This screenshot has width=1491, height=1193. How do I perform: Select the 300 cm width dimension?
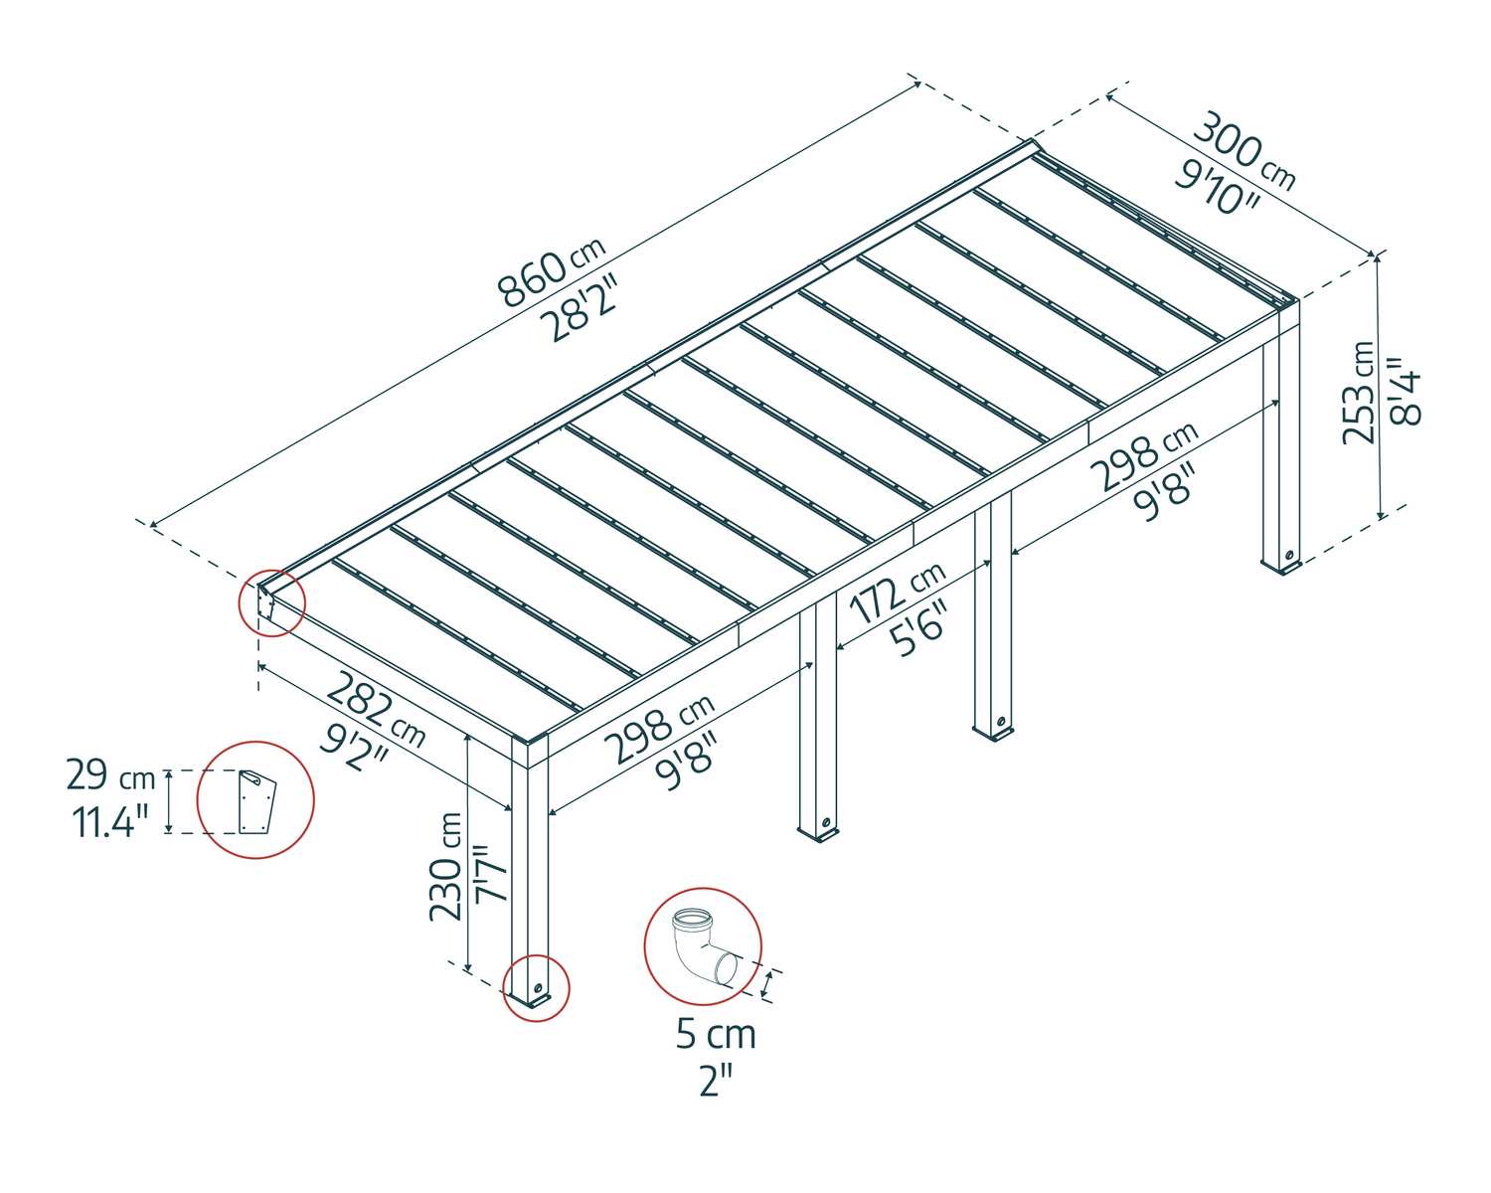[1243, 151]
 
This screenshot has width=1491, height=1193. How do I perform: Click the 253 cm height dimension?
[1359, 392]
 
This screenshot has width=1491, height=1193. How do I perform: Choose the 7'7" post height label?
[491, 873]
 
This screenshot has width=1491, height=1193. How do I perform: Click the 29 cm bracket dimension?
[110, 776]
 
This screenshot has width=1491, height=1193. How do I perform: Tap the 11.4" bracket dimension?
[108, 821]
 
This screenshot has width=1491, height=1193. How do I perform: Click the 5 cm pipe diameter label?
[716, 1035]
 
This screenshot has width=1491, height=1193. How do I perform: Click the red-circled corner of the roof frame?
[270, 602]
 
